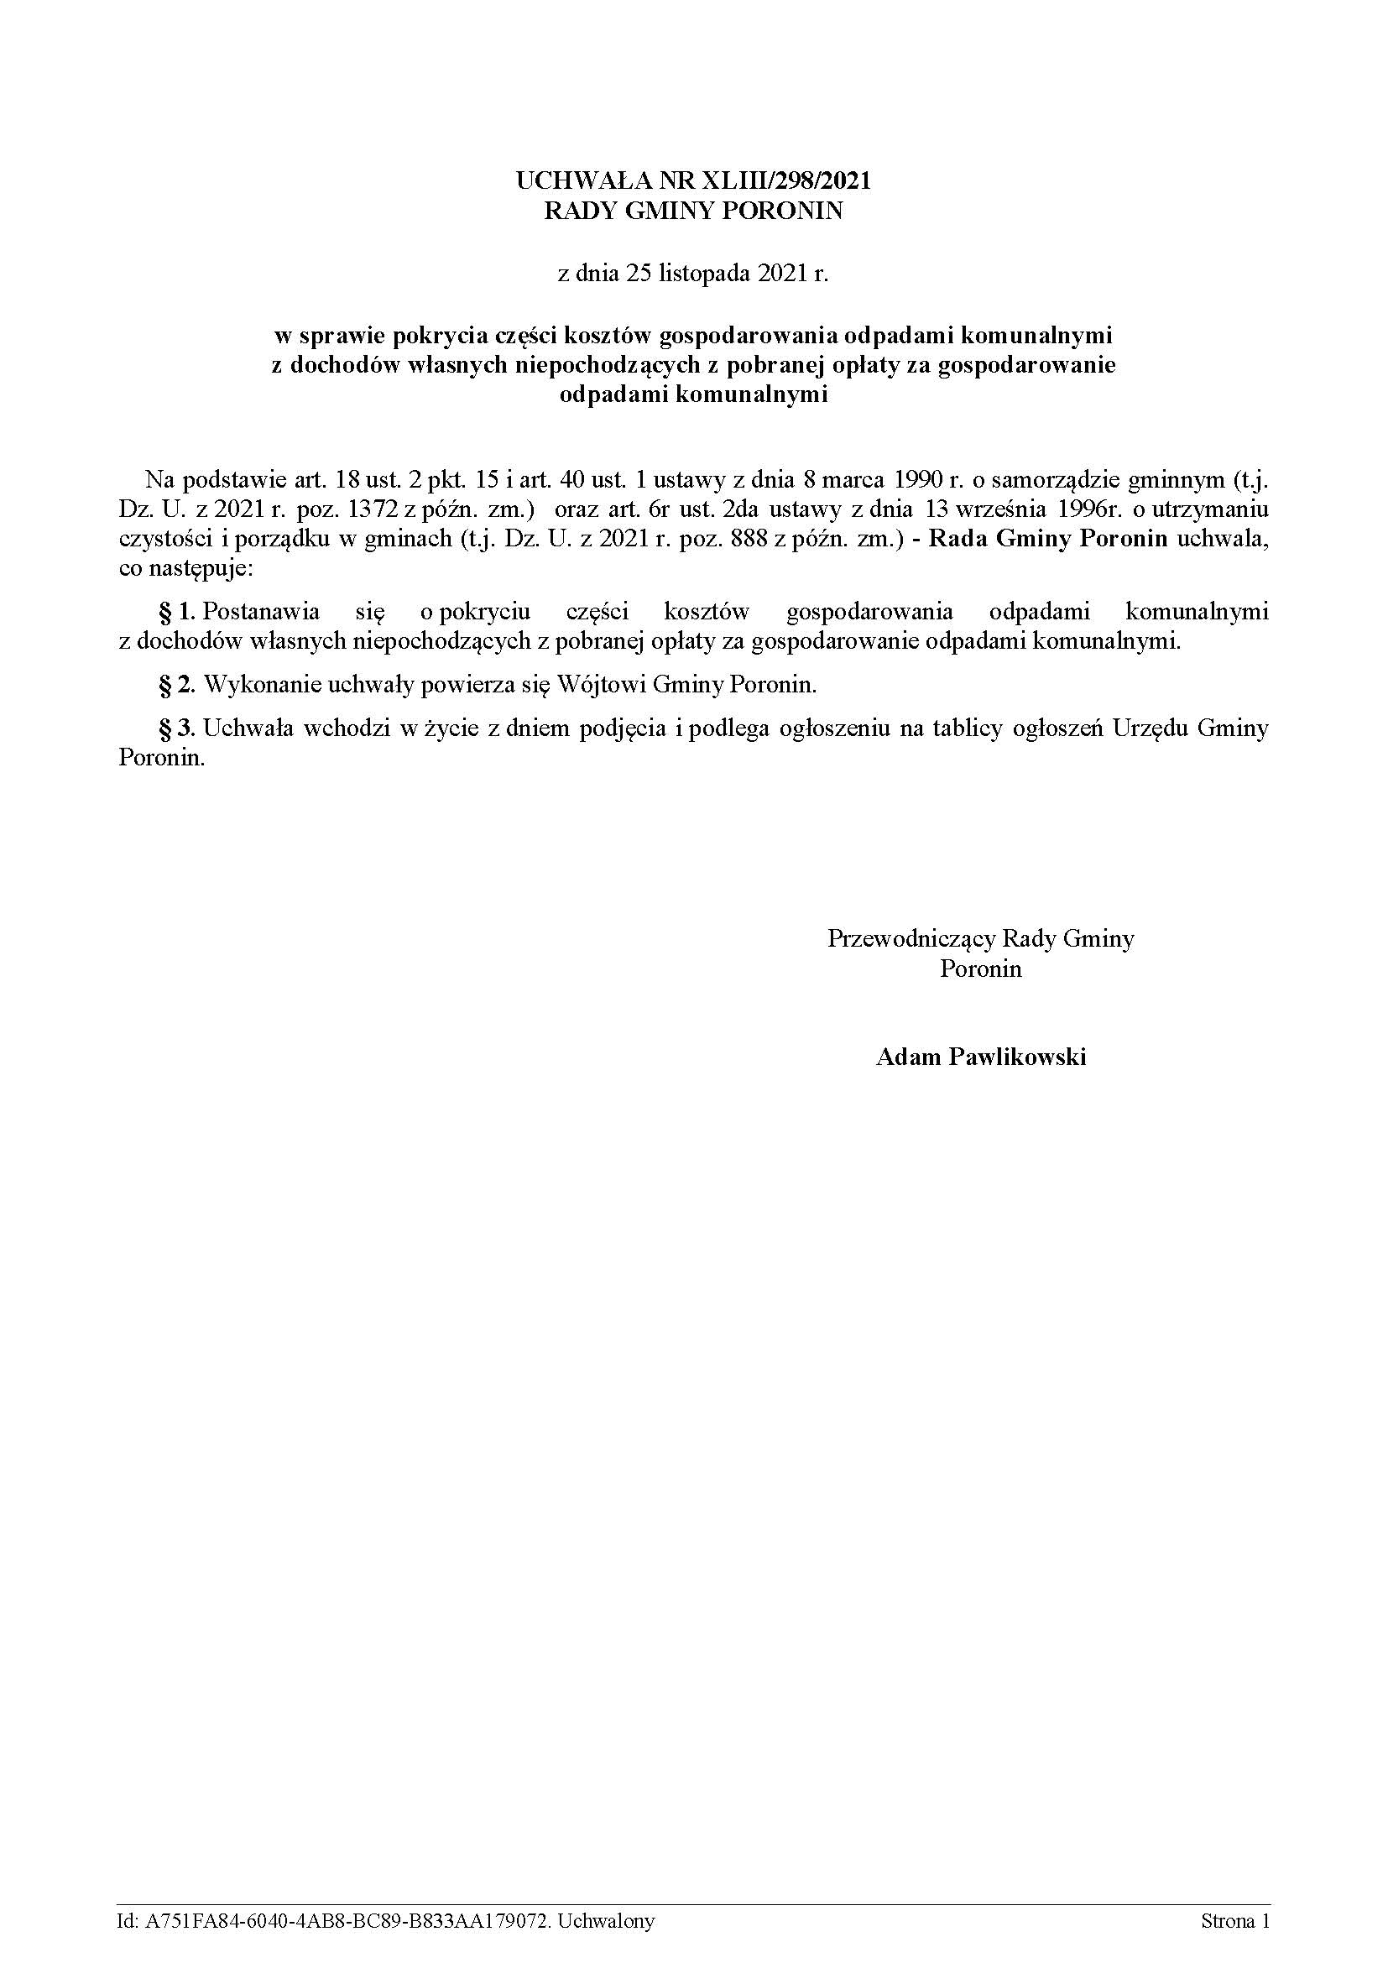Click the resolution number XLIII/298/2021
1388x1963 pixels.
point(785,180)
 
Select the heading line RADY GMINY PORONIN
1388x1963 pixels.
point(693,211)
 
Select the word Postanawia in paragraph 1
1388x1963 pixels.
point(263,611)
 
